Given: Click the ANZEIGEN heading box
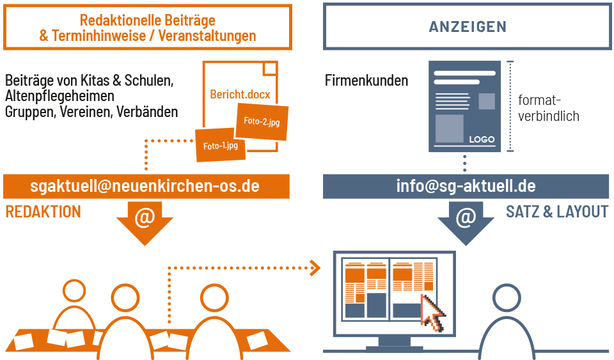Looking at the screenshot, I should [468, 27].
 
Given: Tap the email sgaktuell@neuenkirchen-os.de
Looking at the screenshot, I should [145, 186].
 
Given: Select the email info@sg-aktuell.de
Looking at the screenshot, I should [466, 186].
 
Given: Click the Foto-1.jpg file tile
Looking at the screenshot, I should [221, 146].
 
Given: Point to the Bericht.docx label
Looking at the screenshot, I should [240, 95].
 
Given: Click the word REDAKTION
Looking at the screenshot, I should [43, 212].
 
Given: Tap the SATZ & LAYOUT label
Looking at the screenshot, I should [557, 212].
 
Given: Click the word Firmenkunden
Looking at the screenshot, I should [366, 81].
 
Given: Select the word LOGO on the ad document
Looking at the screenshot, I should [482, 139].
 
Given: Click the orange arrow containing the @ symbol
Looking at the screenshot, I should [145, 221].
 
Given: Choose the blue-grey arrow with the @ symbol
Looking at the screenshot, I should [466, 221].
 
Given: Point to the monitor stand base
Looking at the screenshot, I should [395, 345].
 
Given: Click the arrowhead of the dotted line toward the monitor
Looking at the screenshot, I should [315, 267].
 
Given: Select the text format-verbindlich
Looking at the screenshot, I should [548, 108].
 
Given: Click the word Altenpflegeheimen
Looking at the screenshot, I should [59, 96].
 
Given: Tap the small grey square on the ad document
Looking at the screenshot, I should [487, 101].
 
